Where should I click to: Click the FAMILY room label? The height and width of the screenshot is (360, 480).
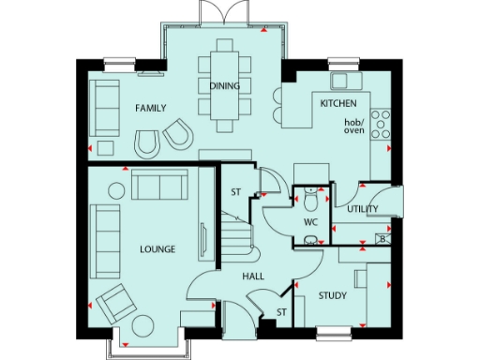pos(150,109)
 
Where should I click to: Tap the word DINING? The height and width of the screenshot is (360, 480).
pos(225,86)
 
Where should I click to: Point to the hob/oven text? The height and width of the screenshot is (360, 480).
pos(354,127)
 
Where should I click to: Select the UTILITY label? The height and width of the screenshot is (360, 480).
pos(362,209)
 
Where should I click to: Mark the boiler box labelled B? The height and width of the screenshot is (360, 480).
pos(382,238)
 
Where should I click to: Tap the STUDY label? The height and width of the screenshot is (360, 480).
pos(332,296)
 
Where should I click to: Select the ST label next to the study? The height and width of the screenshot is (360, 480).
pos(280,312)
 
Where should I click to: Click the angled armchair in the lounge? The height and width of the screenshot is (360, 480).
pos(116,302)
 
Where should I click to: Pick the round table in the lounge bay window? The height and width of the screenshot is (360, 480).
pos(143,326)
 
